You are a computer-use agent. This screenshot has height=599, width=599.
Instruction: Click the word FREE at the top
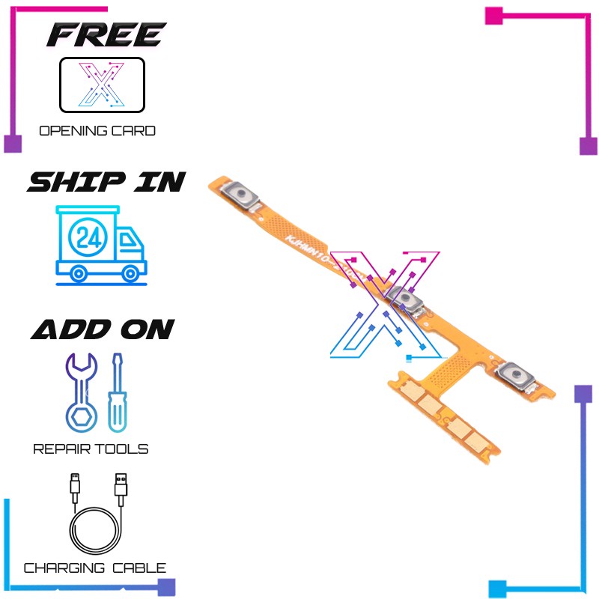tap(106, 34)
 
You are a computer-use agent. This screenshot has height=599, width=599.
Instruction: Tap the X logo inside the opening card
tap(102, 85)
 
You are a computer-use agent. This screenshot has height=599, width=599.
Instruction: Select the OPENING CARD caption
tap(97, 131)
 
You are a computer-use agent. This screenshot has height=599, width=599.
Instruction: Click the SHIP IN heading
tap(106, 182)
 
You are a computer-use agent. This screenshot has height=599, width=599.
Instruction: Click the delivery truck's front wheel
tap(133, 271)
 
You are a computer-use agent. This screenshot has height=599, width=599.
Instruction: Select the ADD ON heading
tap(103, 329)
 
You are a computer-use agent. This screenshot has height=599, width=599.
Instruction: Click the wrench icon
tap(80, 393)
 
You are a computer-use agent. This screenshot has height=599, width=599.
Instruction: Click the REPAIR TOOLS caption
tap(91, 449)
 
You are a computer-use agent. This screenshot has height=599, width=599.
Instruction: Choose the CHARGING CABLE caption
tap(95, 568)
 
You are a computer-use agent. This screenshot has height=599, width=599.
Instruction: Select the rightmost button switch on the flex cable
tap(515, 372)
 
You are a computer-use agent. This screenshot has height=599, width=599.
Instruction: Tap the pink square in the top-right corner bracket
tap(494, 15)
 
